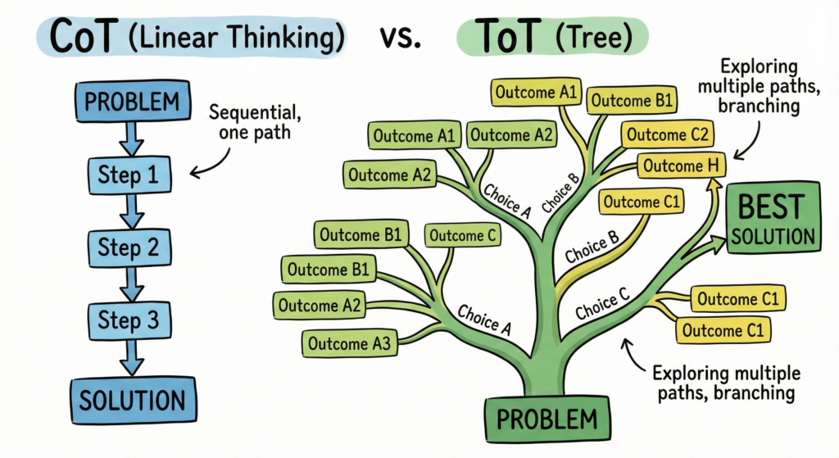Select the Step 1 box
129,174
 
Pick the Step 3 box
129,319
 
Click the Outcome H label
680,166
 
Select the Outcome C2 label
667,134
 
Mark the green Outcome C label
463,236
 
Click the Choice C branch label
602,306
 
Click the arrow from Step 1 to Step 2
129,210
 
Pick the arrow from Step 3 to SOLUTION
129,356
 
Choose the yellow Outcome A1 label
535,93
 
